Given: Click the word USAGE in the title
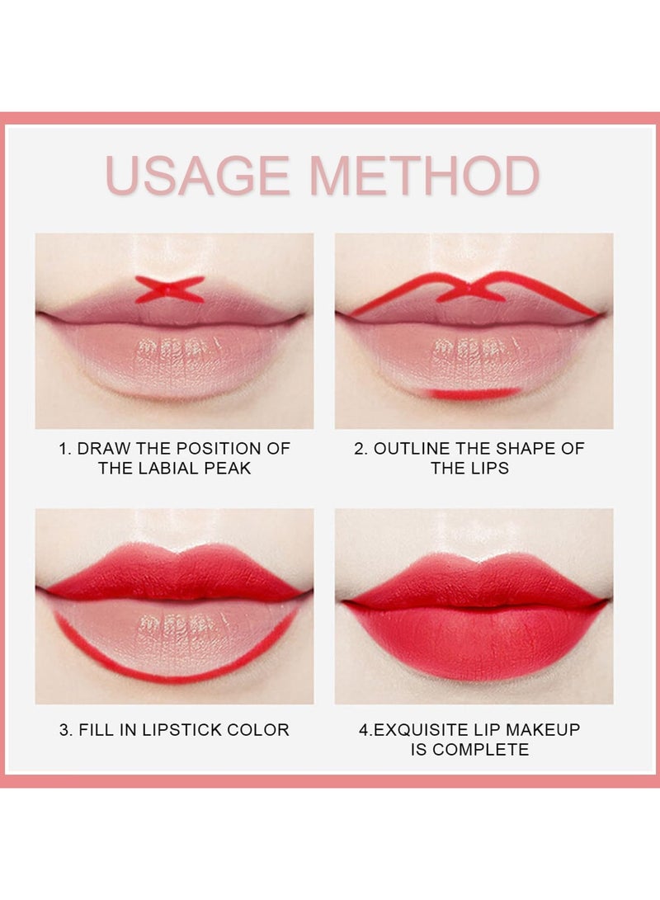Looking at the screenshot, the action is pos(197,175).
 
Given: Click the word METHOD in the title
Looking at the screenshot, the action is pos(425,175).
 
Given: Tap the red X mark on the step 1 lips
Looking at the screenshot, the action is pos(170,290).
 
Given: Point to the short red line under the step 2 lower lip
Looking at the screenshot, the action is pos(475,393).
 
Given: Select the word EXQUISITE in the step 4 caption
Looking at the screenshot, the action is pos(422,729).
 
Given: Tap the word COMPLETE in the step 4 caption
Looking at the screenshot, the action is pos(481,750).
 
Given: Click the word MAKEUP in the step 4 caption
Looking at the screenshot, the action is pos(543,729).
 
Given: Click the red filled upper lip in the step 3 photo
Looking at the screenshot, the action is pos(175,574).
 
